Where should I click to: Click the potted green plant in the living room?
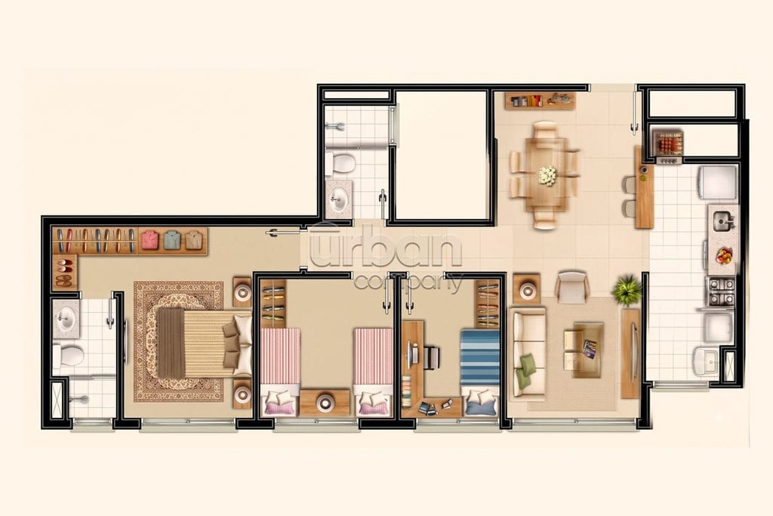click(627, 289)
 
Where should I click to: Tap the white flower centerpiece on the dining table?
click(547, 175)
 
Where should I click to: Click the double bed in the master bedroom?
click(204, 343)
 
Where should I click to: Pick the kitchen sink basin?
click(722, 221)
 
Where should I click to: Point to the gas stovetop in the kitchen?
click(721, 291)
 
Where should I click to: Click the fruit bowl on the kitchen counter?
click(724, 256)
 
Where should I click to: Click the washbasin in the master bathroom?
click(66, 319)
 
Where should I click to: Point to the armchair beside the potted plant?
click(572, 286)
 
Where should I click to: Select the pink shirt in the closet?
click(150, 239)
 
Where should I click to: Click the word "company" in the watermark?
click(408, 281)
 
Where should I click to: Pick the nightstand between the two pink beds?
click(325, 402)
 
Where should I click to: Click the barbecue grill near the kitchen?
click(667, 144)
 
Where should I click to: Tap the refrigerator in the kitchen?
click(718, 183)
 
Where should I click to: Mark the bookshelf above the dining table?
click(540, 100)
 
